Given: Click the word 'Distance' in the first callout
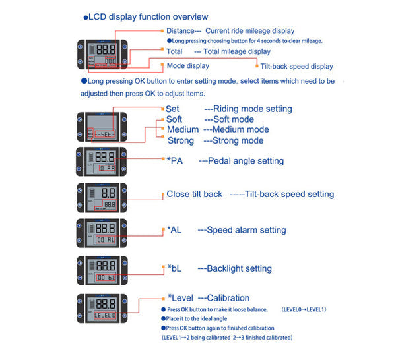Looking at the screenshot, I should click(x=180, y=31).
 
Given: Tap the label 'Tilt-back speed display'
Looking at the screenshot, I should click(x=296, y=67).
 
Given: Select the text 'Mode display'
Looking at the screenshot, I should click(x=187, y=66).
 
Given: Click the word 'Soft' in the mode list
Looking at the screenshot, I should click(x=174, y=119).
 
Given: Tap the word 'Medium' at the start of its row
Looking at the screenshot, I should click(x=183, y=130).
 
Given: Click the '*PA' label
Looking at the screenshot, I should click(x=175, y=161).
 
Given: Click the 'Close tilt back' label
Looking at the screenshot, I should click(x=194, y=195).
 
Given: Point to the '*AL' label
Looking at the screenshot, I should click(x=174, y=230).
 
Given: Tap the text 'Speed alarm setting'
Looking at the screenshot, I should click(x=246, y=230).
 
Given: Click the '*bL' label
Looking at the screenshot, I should click(x=174, y=268).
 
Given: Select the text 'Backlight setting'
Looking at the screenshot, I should click(x=239, y=268).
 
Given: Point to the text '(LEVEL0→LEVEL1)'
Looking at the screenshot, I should click(x=304, y=309).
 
